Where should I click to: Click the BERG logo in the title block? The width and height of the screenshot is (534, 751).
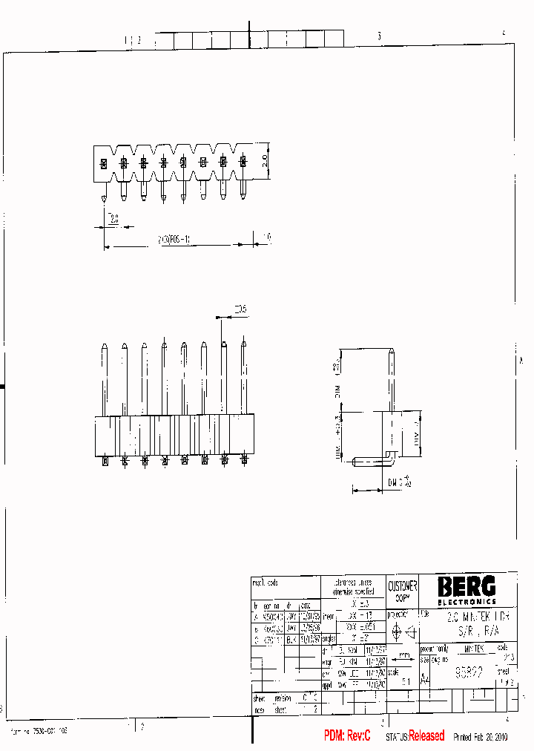pyautogui.click(x=466, y=586)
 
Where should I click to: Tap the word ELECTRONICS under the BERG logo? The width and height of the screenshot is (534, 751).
pyautogui.click(x=466, y=601)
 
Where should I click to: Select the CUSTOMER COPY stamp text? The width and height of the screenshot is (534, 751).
pyautogui.click(x=403, y=591)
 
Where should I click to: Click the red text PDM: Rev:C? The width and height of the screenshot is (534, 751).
pyautogui.click(x=347, y=735)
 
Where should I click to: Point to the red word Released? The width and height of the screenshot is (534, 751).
pyautogui.click(x=426, y=735)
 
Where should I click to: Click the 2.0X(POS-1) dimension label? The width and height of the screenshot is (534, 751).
pyautogui.click(x=175, y=240)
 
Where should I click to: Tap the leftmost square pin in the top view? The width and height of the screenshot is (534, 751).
pyautogui.click(x=104, y=163)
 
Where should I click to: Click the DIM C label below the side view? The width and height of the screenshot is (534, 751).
pyautogui.click(x=399, y=482)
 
